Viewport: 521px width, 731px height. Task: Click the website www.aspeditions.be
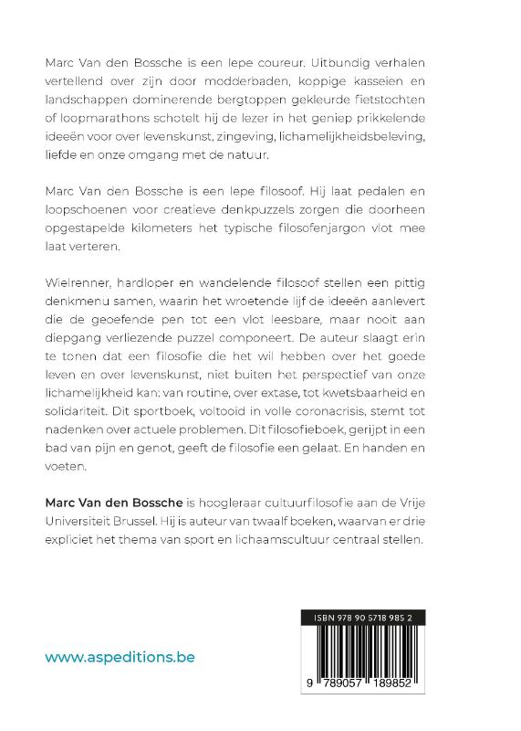point(120,657)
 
